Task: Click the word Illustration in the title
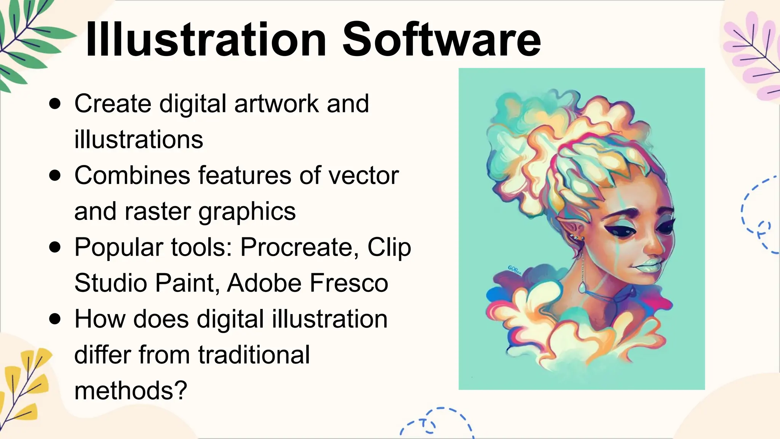pos(206,40)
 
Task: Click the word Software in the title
pos(441,40)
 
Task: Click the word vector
pos(363,176)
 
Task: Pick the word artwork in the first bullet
pos(277,104)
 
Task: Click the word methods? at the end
pos(131,391)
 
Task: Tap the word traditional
pos(254,355)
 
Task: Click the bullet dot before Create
pos(55,104)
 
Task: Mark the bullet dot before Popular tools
pos(55,247)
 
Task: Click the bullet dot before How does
pos(55,319)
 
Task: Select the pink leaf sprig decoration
pos(752,57)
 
